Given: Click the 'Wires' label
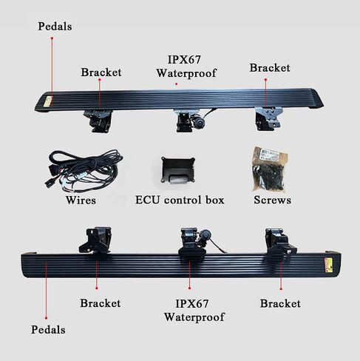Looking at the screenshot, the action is [81, 200].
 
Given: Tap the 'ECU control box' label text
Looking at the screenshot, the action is [180, 200].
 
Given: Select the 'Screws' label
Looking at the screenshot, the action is [272, 200].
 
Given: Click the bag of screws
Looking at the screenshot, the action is [270, 169].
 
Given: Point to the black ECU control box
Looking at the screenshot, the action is [178, 170].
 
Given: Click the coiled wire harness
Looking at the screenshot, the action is [84, 170].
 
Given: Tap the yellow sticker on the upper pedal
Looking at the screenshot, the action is [49, 101].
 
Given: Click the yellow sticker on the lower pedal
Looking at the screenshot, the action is [328, 265].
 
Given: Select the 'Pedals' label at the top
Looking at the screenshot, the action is [55, 27].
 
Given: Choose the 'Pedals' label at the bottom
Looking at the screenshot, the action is [48, 330].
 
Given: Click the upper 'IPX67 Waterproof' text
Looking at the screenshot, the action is [186, 67].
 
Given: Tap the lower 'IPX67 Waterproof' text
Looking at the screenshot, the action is [194, 311].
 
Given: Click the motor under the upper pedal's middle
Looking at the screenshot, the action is [199, 121].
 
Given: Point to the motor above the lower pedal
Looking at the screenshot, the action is [205, 235].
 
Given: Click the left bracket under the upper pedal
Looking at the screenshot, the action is [98, 121].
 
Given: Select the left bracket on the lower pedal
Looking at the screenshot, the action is [95, 240].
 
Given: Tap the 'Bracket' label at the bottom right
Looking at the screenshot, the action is [280, 303].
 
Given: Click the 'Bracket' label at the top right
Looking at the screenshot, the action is [270, 68].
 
